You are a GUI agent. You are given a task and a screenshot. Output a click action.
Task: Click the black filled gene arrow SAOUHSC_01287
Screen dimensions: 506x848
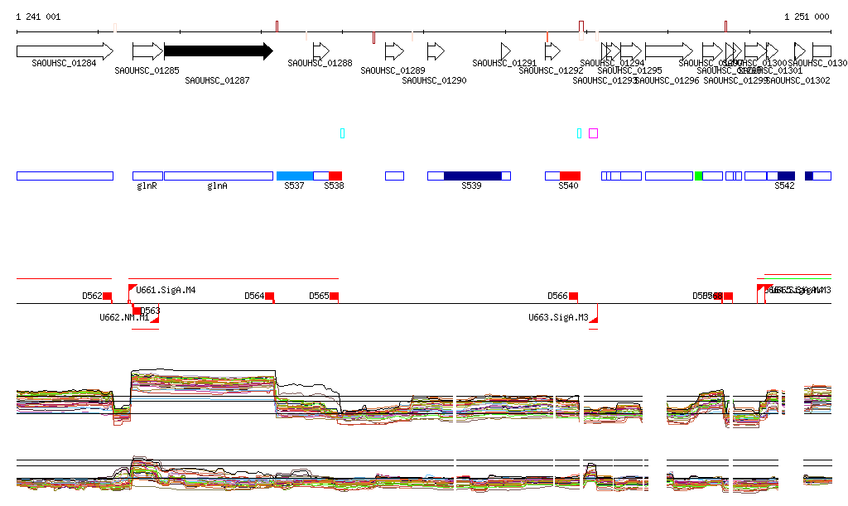pos(218,51)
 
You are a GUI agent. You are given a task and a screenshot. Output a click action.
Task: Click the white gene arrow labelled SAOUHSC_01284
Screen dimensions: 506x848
pos(64,51)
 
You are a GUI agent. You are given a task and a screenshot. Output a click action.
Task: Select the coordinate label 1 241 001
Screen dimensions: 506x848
pos(38,17)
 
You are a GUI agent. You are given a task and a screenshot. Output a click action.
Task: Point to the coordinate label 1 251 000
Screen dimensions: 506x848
pos(807,17)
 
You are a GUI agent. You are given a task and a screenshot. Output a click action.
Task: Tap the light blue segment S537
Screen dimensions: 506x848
pos(294,176)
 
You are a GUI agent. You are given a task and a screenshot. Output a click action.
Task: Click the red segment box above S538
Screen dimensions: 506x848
pos(335,176)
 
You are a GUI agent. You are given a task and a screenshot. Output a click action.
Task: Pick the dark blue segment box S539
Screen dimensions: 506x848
pos(472,176)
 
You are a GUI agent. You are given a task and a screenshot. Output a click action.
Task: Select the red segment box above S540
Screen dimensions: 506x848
pos(570,176)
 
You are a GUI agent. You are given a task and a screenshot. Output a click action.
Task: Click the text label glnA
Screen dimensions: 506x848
pos(217,186)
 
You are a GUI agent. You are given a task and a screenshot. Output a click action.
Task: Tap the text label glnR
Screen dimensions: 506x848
pos(147,186)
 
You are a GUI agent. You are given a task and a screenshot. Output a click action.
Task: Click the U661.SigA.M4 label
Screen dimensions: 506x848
pos(166,290)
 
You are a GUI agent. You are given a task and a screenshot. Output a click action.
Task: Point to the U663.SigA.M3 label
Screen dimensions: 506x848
pos(559,317)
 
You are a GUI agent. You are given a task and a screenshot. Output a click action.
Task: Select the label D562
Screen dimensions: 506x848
pos(92,296)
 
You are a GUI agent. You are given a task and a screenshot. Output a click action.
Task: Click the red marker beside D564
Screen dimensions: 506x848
pos(269,296)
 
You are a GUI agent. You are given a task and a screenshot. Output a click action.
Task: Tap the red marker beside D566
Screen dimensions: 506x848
pos(573,296)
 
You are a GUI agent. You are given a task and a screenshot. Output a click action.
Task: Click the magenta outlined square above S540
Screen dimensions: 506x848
pos(593,133)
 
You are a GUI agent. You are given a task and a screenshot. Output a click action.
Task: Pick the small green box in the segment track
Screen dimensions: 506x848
pos(698,176)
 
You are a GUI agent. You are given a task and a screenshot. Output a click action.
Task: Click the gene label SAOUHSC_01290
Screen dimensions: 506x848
pos(435,80)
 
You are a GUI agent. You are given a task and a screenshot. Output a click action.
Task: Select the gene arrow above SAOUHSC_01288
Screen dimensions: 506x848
pos(320,51)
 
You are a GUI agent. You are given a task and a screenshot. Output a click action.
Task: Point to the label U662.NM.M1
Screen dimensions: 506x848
pos(124,317)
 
